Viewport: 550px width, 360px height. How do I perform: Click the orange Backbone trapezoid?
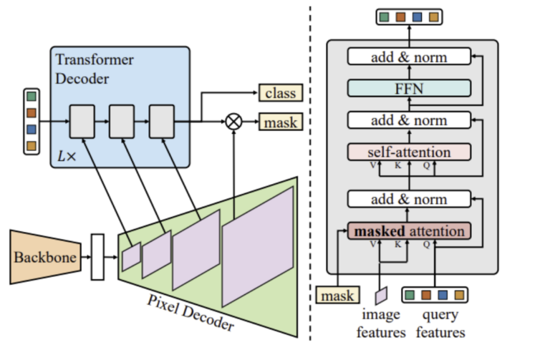[45, 256]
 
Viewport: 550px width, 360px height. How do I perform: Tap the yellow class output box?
[280, 92]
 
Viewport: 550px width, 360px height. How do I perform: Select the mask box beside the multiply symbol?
[280, 122]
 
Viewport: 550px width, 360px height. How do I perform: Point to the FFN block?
[409, 88]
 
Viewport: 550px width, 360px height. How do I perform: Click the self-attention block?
[409, 152]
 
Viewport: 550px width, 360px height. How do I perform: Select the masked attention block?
[409, 231]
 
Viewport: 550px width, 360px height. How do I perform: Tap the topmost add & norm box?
[409, 57]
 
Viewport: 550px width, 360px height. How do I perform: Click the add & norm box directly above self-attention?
[409, 120]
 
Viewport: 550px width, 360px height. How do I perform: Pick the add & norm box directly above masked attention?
[409, 199]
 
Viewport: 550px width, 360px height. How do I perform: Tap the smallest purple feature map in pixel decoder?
[132, 257]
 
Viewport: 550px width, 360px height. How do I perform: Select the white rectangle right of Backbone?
[97, 256]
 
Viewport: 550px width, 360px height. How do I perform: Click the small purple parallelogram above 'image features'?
[382, 294]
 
